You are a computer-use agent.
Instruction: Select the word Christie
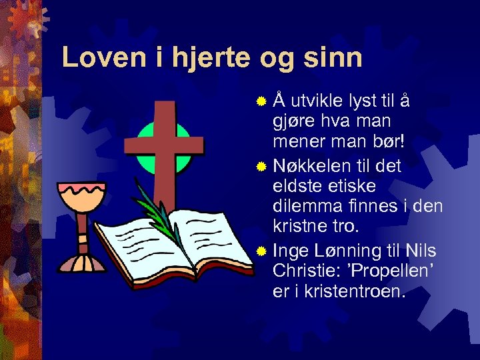click(x=307, y=272)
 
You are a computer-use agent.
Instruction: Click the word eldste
click(x=297, y=185)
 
